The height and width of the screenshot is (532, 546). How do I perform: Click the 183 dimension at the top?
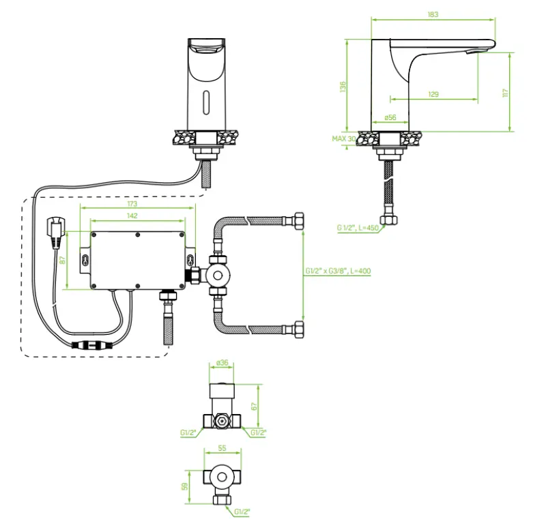(x=433, y=14)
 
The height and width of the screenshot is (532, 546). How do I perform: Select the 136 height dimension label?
(x=343, y=87)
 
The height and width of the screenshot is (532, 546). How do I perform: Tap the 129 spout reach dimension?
(x=433, y=94)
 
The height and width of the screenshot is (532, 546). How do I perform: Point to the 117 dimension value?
(x=505, y=93)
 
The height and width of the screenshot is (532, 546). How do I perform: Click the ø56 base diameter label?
(x=390, y=117)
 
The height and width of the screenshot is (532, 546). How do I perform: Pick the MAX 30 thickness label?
(x=344, y=138)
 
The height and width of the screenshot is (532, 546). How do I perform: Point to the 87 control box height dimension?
(x=63, y=261)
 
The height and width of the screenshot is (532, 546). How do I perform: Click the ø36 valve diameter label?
(x=222, y=363)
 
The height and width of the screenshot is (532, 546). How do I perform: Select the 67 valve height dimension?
(x=255, y=407)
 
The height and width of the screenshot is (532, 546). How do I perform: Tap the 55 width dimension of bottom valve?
(x=222, y=449)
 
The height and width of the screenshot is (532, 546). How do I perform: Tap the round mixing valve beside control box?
(x=218, y=276)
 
